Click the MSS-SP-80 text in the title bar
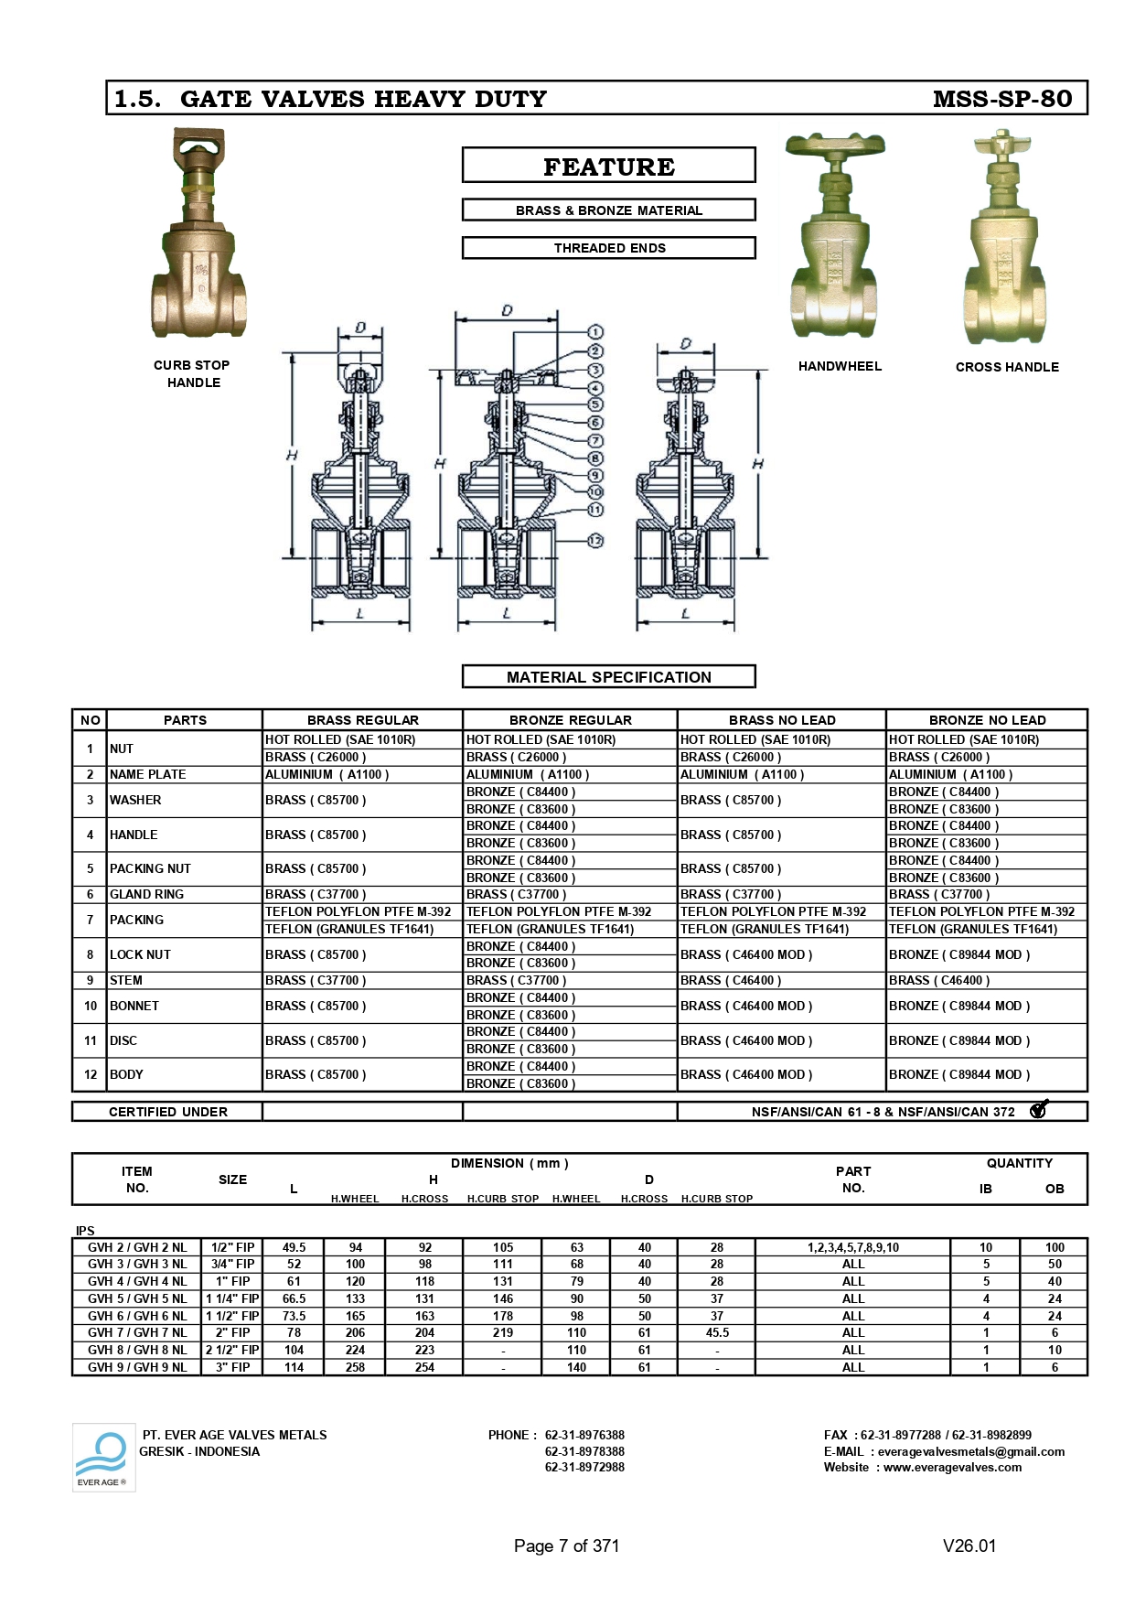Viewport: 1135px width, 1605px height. (1001, 99)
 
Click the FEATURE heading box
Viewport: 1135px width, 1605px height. (609, 166)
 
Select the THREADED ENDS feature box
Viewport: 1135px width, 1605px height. (609, 248)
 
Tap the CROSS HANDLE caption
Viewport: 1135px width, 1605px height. (1007, 367)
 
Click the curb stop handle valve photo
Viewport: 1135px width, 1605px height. (198, 235)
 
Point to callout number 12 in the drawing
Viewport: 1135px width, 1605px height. (595, 541)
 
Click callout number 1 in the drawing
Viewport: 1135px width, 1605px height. (595, 332)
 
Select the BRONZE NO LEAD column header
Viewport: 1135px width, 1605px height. (987, 720)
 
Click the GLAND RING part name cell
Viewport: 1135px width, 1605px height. (146, 894)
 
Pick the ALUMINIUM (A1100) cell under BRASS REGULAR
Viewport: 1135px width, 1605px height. (327, 774)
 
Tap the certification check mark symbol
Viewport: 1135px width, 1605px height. (1038, 1110)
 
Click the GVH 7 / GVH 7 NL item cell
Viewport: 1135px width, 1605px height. (136, 1332)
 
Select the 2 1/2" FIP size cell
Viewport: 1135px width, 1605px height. (232, 1350)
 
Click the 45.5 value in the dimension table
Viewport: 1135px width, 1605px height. (717, 1332)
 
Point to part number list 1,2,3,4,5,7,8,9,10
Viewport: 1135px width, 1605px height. (852, 1247)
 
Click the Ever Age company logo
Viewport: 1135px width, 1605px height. (103, 1457)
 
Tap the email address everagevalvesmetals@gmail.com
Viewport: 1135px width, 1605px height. (970, 1451)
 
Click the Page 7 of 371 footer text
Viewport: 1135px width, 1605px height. (566, 1546)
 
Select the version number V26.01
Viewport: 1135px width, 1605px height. (969, 1546)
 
